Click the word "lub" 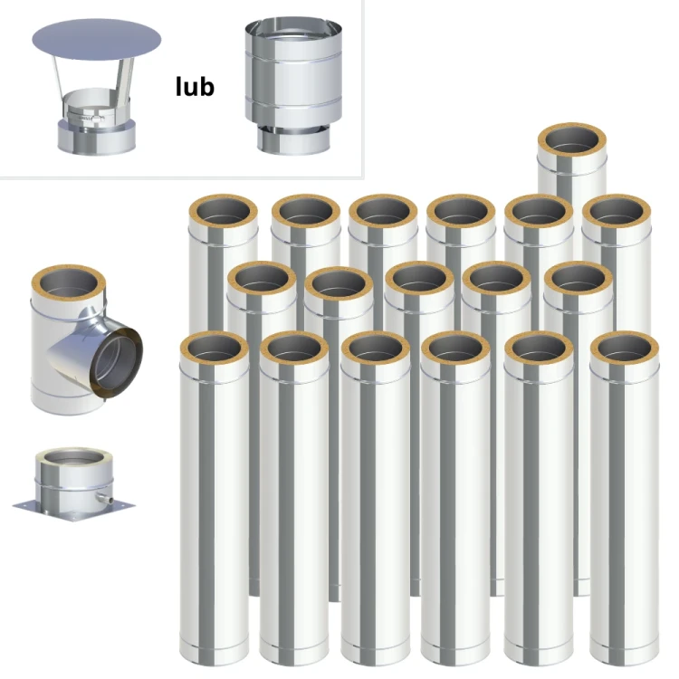(x=195, y=87)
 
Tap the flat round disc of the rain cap (x=97, y=40)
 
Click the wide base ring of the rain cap (x=97, y=137)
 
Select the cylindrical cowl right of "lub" (x=293, y=86)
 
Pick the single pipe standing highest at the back (x=571, y=160)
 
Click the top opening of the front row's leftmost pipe (x=215, y=349)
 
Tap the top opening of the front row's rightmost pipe (x=625, y=349)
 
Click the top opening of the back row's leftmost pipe (x=224, y=213)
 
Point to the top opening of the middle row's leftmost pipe (x=262, y=280)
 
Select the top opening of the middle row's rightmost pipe (x=579, y=280)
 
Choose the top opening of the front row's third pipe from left (x=376, y=349)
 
